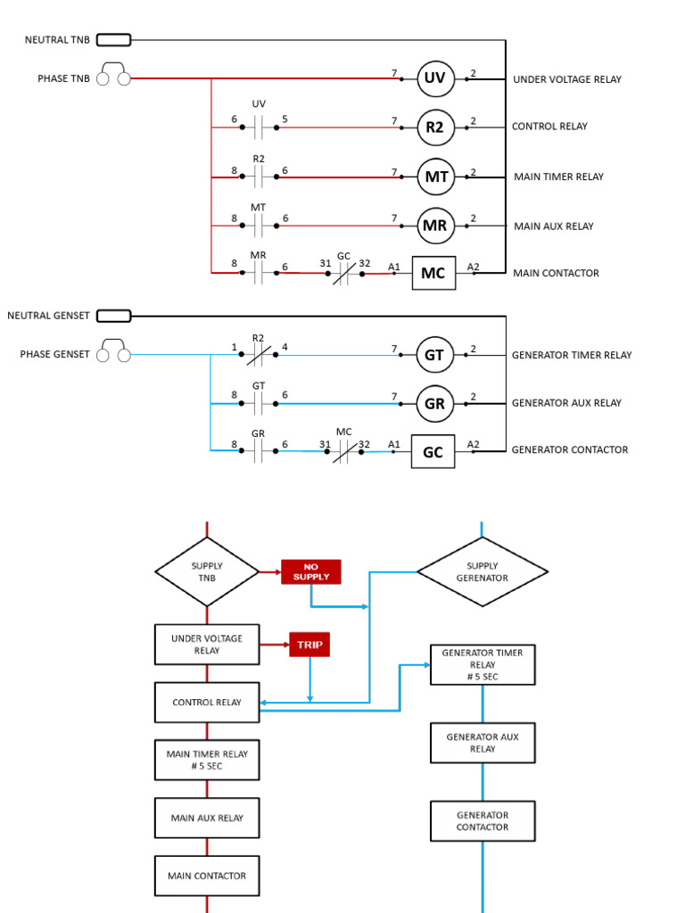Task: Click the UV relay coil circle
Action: click(x=435, y=79)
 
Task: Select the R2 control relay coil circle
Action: click(x=435, y=127)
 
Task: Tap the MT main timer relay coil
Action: click(x=435, y=177)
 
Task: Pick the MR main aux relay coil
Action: click(x=435, y=226)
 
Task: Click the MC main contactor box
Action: click(x=433, y=273)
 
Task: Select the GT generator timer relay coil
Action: click(x=435, y=354)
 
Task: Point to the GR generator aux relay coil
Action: click(x=435, y=403)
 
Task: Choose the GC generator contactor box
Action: click(x=433, y=451)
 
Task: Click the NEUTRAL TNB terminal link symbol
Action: click(x=113, y=39)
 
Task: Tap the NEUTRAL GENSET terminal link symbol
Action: click(x=113, y=316)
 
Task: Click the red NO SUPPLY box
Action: click(x=310, y=572)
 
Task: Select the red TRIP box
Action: click(x=309, y=644)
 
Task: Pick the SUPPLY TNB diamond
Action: click(x=207, y=572)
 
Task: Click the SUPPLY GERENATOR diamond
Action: click(x=483, y=572)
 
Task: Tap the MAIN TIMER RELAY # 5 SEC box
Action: click(x=207, y=760)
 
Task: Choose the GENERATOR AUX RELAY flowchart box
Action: click(x=483, y=743)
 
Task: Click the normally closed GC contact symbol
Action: click(x=344, y=274)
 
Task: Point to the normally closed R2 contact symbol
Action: click(x=259, y=355)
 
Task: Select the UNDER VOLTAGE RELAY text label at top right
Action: click(x=567, y=79)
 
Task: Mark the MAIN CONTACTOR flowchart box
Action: click(x=207, y=876)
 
